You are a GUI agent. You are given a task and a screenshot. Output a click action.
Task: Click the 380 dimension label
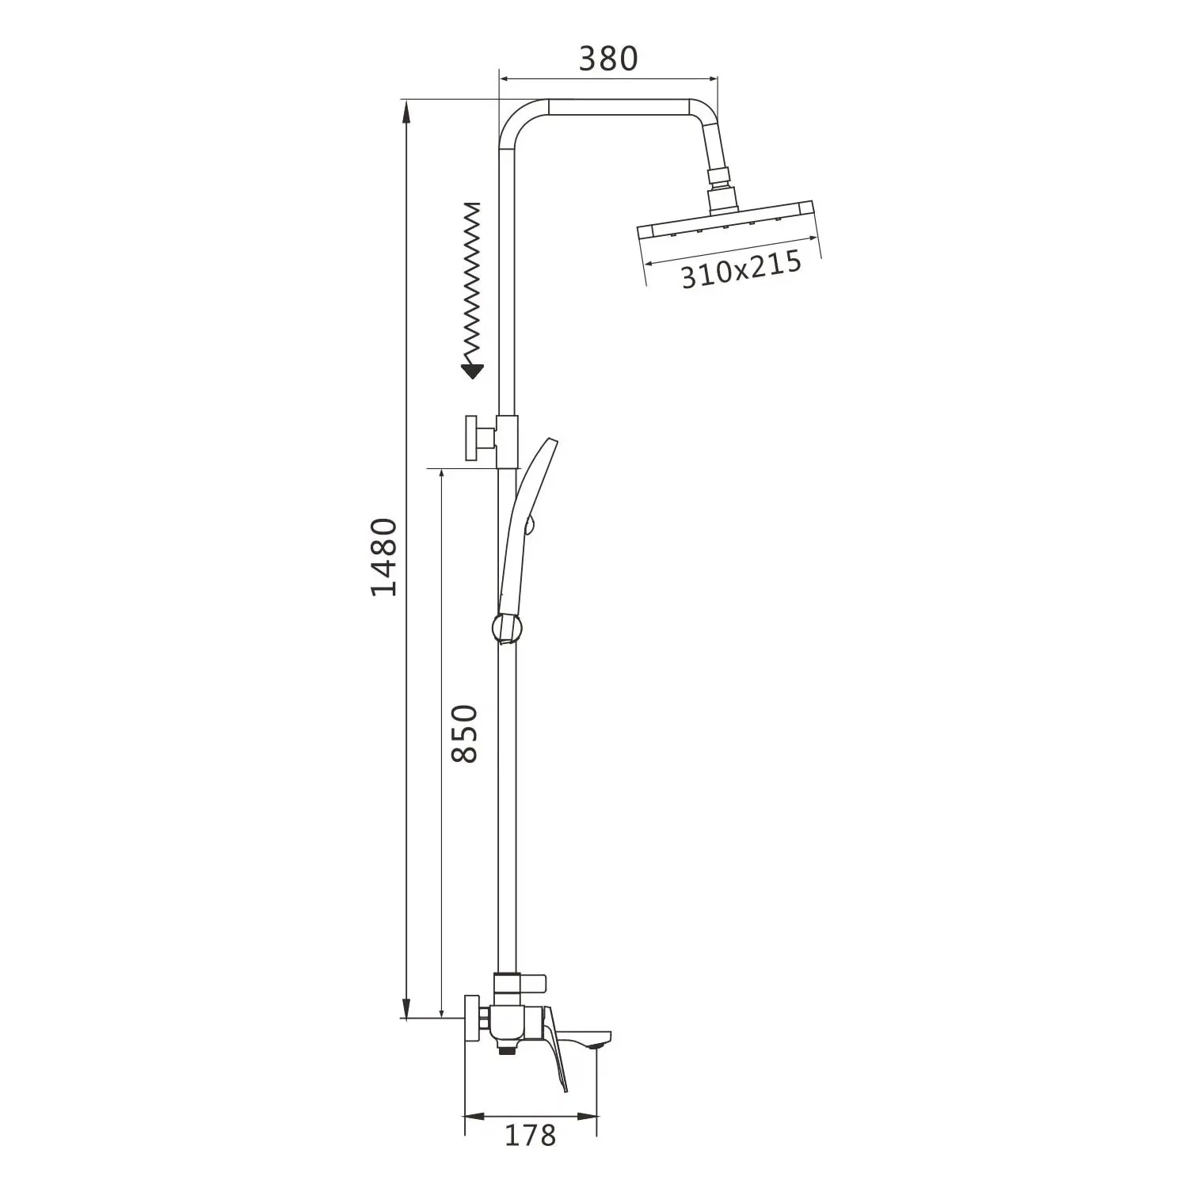(607, 59)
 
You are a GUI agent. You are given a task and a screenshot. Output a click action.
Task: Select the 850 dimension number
(464, 733)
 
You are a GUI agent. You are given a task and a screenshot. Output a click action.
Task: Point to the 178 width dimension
(530, 1135)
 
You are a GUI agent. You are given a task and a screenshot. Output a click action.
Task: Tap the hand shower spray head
(535, 475)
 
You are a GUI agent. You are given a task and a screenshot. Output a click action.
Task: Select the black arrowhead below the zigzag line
(473, 370)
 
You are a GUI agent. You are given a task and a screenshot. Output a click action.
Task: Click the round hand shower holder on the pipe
(508, 627)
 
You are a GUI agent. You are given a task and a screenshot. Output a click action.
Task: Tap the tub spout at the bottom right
(590, 1038)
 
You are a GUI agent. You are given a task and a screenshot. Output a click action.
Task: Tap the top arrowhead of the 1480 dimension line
(406, 111)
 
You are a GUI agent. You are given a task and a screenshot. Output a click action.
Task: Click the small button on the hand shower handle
(532, 524)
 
